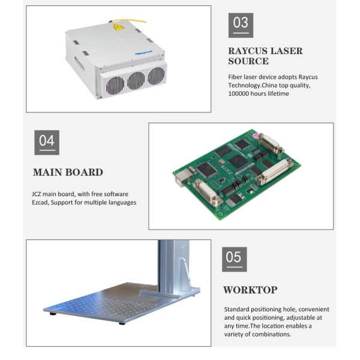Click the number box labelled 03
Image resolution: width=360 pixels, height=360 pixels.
[x=241, y=25]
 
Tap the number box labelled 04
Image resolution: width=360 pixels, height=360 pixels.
[x=47, y=143]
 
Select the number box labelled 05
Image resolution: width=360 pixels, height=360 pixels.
[x=235, y=259]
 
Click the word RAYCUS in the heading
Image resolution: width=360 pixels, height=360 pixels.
[x=248, y=51]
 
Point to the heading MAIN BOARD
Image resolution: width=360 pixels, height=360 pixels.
[x=68, y=172]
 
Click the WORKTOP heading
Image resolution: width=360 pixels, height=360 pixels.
[x=250, y=290]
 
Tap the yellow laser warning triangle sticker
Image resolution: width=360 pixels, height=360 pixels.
[x=119, y=27]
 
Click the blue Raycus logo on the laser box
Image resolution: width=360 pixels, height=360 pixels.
[x=144, y=53]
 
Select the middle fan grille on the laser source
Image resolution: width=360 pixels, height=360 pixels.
[x=136, y=80]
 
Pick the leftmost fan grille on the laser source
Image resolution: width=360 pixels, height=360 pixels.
[x=115, y=86]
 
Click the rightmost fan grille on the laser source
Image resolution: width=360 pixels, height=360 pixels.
[x=157, y=76]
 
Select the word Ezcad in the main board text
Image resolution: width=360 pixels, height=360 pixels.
[x=40, y=203]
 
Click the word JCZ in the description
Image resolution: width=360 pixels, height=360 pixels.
[x=36, y=194]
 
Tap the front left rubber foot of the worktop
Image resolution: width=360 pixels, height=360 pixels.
[x=53, y=313]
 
